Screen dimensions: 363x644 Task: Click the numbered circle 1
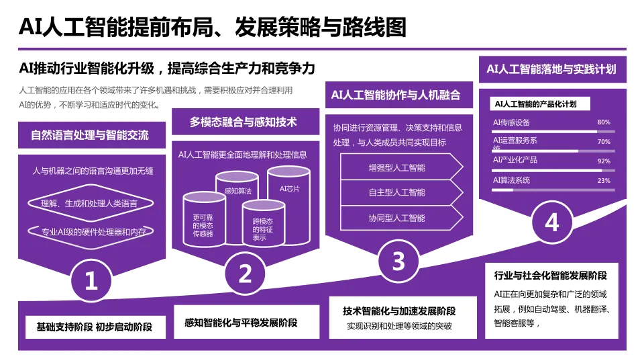(91, 280)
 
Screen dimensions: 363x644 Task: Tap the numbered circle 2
(246, 273)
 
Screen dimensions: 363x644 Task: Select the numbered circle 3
(398, 260)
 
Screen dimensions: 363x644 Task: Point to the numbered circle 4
(551, 222)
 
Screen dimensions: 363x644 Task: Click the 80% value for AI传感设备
(603, 122)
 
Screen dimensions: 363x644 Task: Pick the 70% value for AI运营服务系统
(603, 142)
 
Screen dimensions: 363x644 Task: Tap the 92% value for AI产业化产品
(603, 161)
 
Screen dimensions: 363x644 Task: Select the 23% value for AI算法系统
(603, 181)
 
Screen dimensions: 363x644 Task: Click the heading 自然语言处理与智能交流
(90, 135)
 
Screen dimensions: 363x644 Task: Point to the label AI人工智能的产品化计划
(535, 104)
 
